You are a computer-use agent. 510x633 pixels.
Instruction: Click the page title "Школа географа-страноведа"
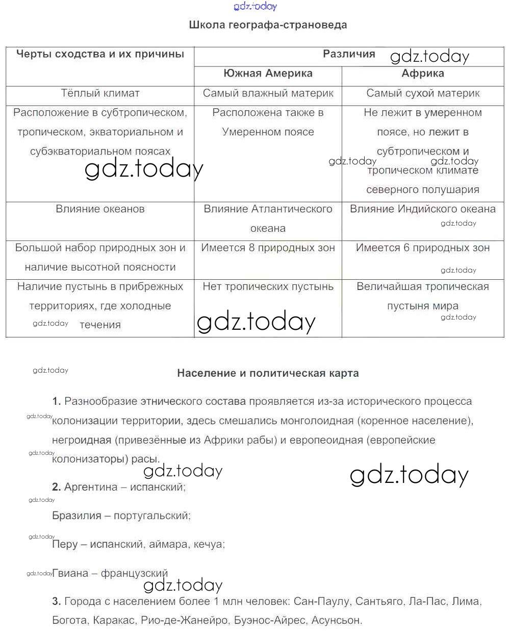(268, 25)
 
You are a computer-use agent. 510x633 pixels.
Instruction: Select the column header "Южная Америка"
(268, 74)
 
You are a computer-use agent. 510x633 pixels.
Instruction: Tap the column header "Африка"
(423, 74)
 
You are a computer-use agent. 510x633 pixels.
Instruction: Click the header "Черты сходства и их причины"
(100, 54)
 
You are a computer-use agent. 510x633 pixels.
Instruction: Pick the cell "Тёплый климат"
(100, 93)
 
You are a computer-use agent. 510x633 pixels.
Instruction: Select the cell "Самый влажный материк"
(268, 93)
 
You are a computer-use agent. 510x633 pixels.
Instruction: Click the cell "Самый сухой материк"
(423, 93)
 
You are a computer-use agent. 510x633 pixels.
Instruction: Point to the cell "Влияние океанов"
(100, 209)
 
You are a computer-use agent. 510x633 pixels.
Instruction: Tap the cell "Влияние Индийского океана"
(423, 209)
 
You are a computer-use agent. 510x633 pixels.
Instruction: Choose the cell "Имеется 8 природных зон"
(268, 248)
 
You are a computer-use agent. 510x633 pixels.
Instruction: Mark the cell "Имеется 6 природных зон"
(423, 248)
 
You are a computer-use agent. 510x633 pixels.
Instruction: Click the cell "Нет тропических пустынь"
(268, 287)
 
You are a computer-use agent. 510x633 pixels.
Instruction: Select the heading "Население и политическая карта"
(268, 373)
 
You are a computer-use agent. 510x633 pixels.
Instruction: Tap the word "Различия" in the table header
(349, 54)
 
